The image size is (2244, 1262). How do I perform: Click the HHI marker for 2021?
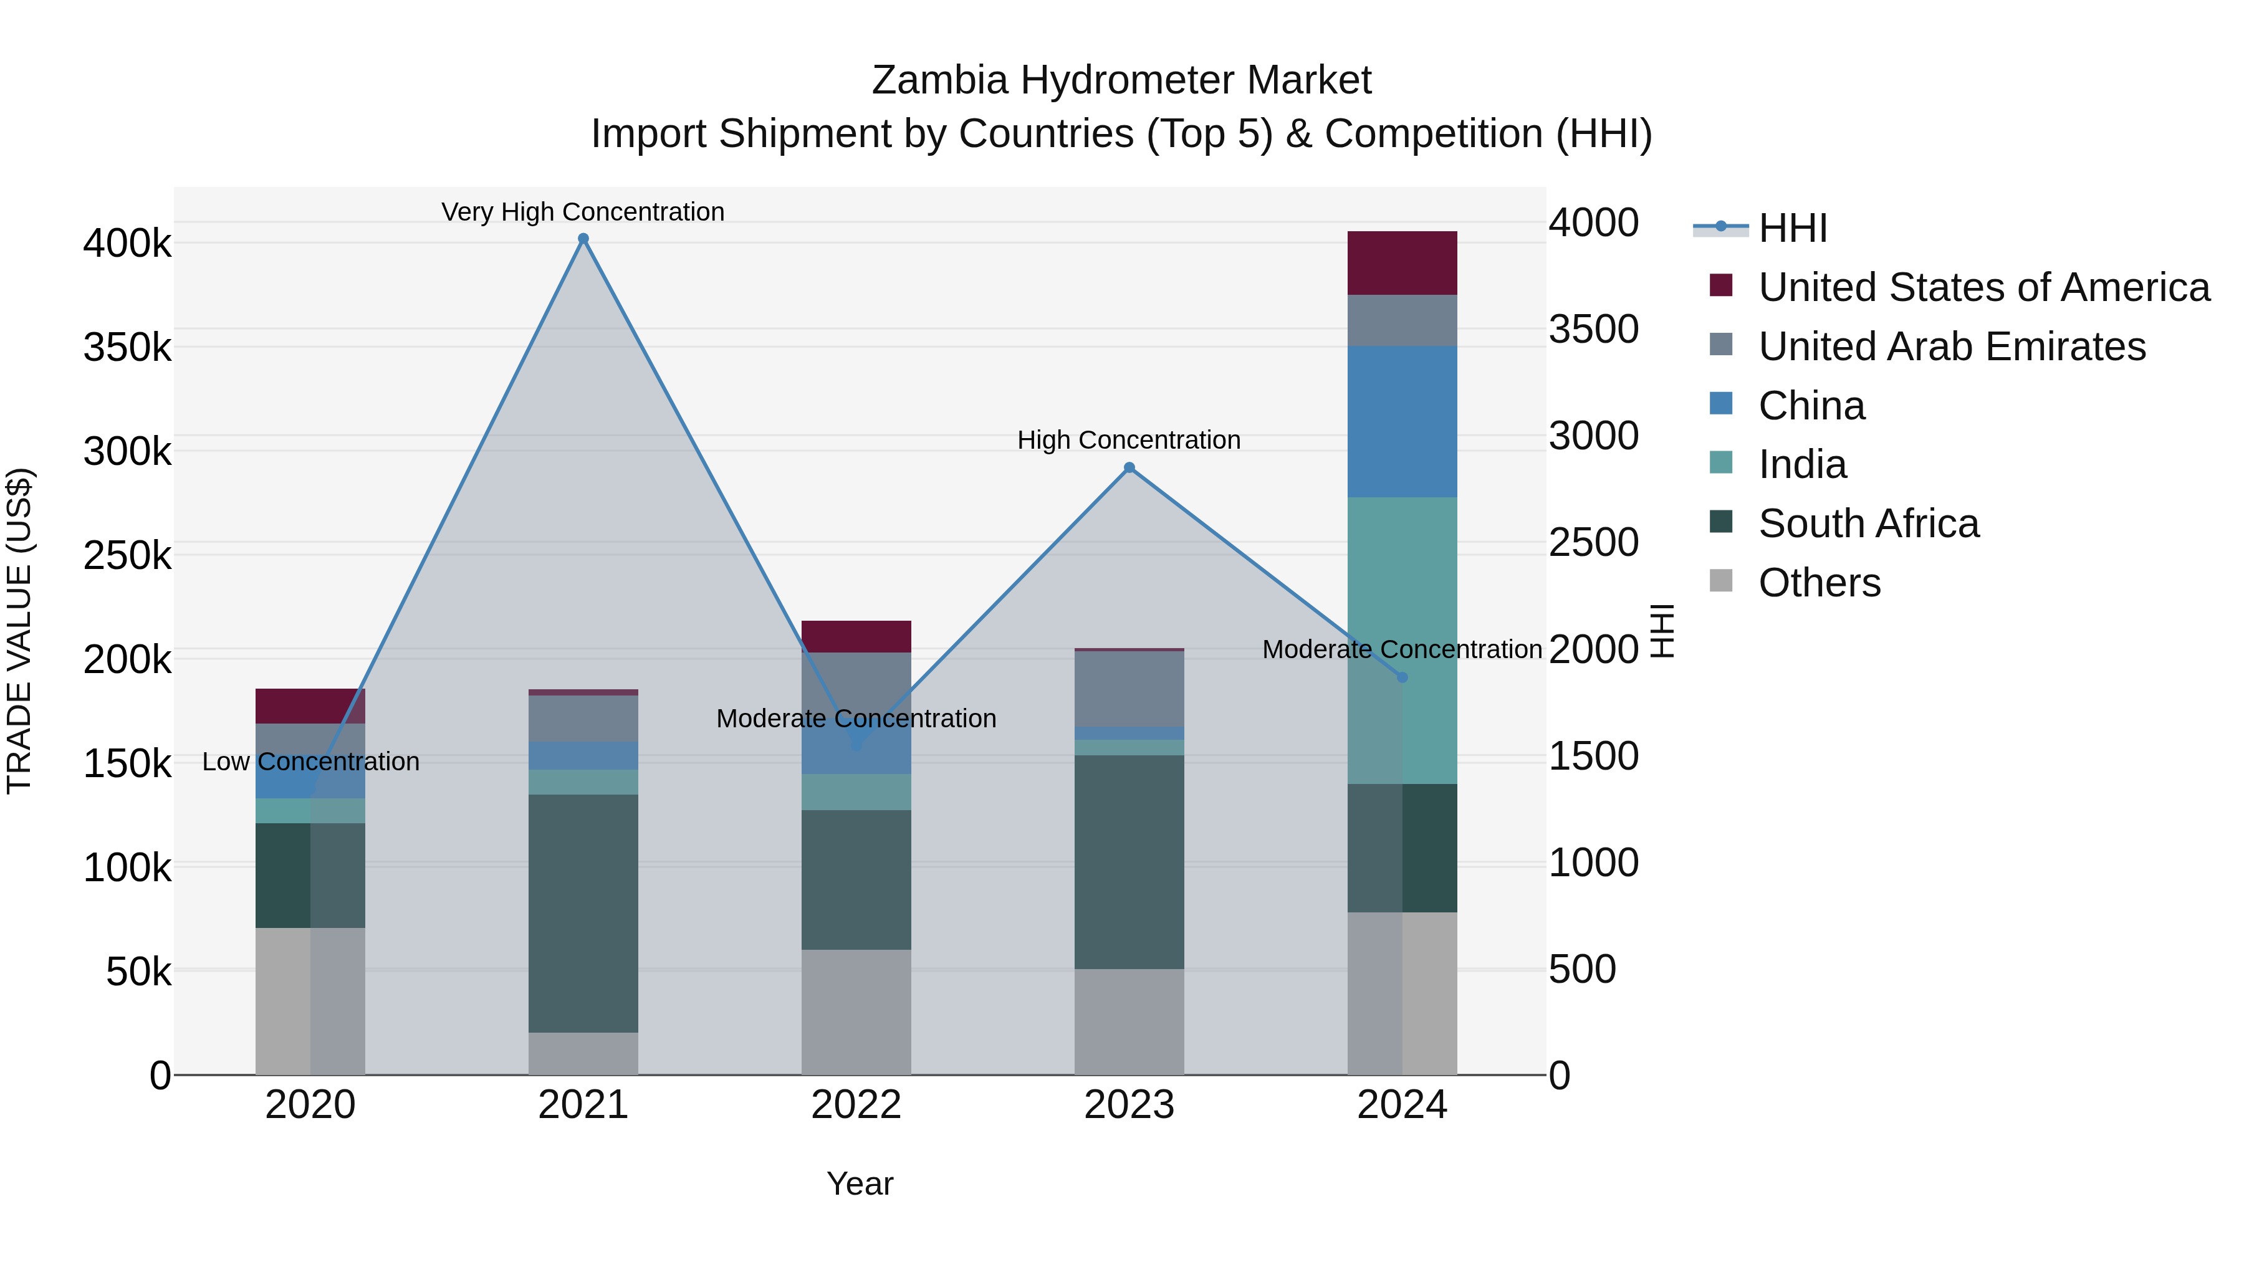[x=583, y=239]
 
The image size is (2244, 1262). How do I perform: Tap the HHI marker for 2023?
[x=1129, y=467]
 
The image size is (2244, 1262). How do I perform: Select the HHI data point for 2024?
[x=1402, y=677]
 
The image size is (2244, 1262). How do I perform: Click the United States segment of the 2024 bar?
[x=1402, y=263]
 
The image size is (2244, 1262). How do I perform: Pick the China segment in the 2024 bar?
[x=1402, y=421]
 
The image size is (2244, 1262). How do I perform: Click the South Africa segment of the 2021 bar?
[x=583, y=913]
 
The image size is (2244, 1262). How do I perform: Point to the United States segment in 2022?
[x=856, y=637]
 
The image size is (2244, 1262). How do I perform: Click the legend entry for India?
[x=1801, y=464]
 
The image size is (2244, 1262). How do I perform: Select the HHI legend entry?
[x=1792, y=228]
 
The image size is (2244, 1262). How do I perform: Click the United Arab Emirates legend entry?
[x=1951, y=347]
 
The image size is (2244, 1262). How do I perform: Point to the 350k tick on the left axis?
[x=127, y=348]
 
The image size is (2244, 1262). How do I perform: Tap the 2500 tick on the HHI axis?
[x=1593, y=543]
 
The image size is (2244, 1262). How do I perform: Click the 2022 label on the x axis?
[x=856, y=1105]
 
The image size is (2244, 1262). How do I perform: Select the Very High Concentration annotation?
[x=583, y=212]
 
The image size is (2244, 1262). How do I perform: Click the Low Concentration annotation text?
[x=311, y=762]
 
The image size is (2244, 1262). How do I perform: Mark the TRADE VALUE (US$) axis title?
[x=19, y=631]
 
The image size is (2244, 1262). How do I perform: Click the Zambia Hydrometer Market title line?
[x=1121, y=80]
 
